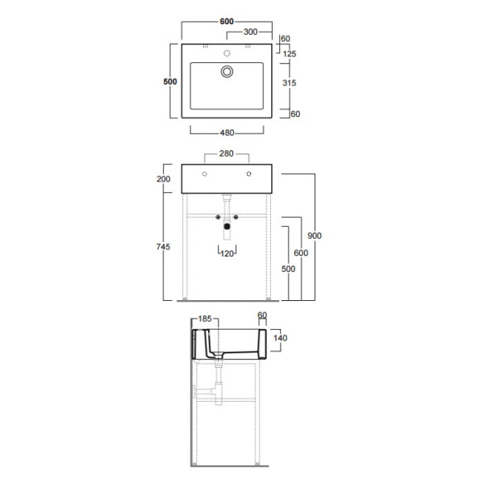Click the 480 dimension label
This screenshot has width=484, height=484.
pos(227,133)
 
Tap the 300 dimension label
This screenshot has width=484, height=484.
pos(250,31)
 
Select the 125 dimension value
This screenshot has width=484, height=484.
pos(290,54)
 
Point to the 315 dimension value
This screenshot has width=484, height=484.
pos(290,83)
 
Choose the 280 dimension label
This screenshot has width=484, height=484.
pos(226,153)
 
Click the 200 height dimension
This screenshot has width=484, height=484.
pos(163,179)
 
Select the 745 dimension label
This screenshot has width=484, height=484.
pos(163,247)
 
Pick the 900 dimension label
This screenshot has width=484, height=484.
pos(315,236)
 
